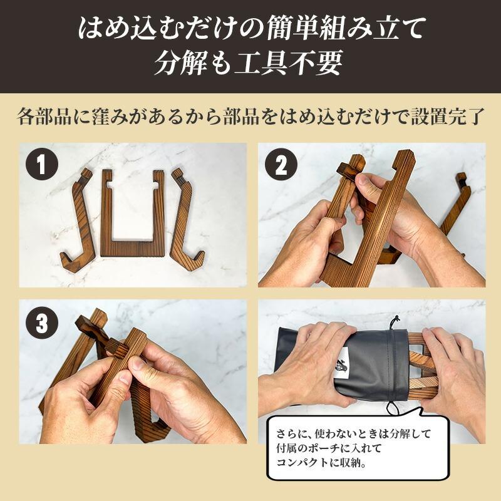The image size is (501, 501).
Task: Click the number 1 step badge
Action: (42, 164)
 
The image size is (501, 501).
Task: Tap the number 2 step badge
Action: (281, 165)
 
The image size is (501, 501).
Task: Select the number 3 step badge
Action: (42, 323)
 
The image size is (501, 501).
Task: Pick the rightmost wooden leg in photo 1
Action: (185, 224)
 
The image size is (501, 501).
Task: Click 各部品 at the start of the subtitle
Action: (44, 116)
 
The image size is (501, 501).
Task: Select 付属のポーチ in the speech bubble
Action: (308, 448)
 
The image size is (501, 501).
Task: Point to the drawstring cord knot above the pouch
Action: (397, 319)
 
